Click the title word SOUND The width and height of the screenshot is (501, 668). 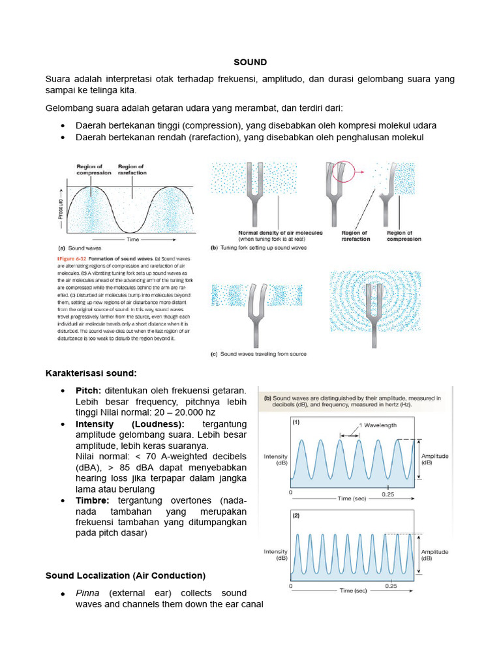250,62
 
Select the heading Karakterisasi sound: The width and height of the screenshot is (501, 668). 91,373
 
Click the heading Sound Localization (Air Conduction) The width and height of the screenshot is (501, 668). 125,575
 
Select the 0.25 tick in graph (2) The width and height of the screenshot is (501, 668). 391,586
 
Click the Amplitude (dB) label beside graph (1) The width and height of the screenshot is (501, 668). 435,459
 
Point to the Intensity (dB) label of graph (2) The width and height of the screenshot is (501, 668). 275,554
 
